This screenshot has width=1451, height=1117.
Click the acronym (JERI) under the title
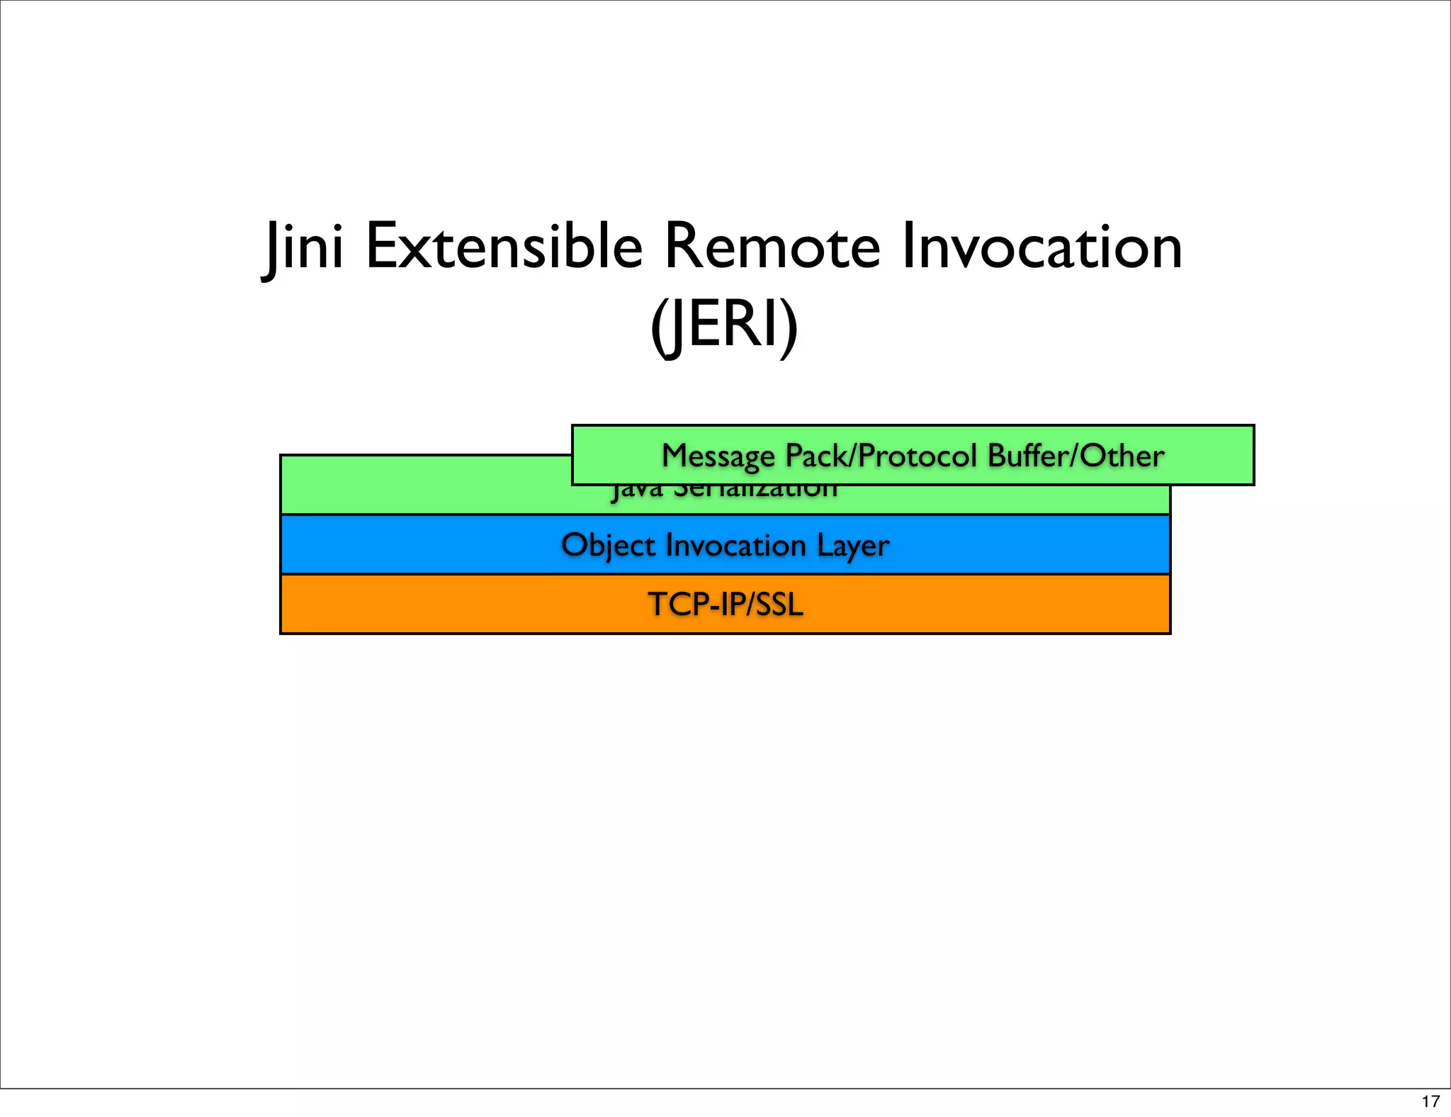pos(724,325)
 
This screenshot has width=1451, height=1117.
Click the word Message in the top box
pos(718,456)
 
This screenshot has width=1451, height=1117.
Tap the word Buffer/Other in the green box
pos(1075,456)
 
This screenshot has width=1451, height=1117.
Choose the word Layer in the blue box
pos(853,546)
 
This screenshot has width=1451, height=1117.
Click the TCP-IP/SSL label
pos(725,605)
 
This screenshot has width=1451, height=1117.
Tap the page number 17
pos(1430,1101)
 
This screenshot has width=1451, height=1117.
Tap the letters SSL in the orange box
pos(779,605)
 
